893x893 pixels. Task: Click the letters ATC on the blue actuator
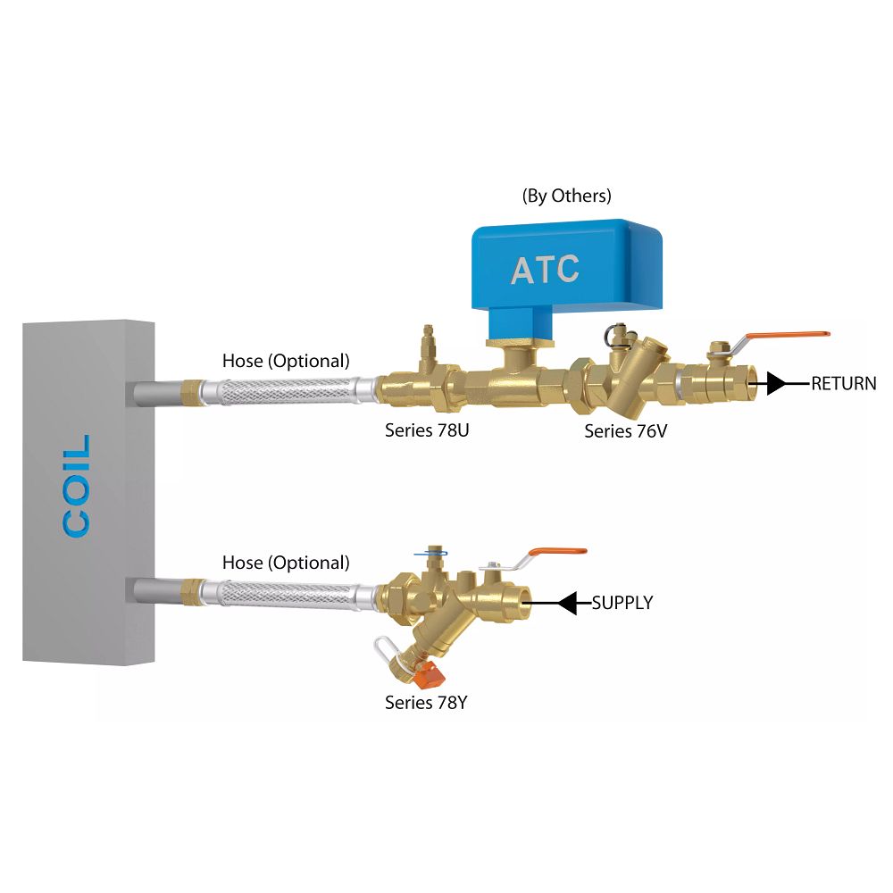point(545,270)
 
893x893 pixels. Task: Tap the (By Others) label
point(566,196)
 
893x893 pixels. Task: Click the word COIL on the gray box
point(78,486)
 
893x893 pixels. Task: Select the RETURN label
point(843,384)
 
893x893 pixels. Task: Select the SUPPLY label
point(622,604)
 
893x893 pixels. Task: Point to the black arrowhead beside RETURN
point(775,384)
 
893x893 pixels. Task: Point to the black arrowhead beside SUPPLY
point(567,604)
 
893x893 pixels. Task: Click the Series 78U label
point(427,430)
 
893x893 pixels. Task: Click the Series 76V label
point(626,431)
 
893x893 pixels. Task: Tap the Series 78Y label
point(427,703)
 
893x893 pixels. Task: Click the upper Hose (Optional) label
point(286,362)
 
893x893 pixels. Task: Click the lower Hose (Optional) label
point(286,563)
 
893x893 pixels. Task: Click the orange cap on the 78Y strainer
point(432,672)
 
